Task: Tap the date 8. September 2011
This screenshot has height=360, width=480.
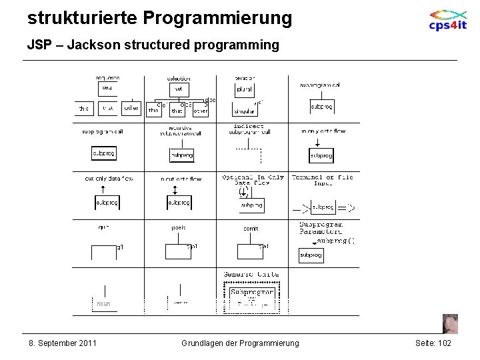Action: pos(63,343)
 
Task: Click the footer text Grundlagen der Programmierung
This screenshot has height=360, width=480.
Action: pos(240,343)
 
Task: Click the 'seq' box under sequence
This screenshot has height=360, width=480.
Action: pos(107,88)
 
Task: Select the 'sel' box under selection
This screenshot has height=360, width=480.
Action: pos(179,88)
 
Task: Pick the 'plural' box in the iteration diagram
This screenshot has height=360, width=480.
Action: pos(245,89)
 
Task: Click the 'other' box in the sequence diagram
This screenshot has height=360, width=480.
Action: pos(131,108)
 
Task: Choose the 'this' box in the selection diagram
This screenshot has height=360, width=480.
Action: pos(154,110)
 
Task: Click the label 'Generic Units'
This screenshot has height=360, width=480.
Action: pos(251,274)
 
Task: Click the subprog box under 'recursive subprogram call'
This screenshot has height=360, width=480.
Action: pos(182,155)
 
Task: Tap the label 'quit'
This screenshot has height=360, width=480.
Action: pos(103,227)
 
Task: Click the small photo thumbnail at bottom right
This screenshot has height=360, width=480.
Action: pos(450,323)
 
